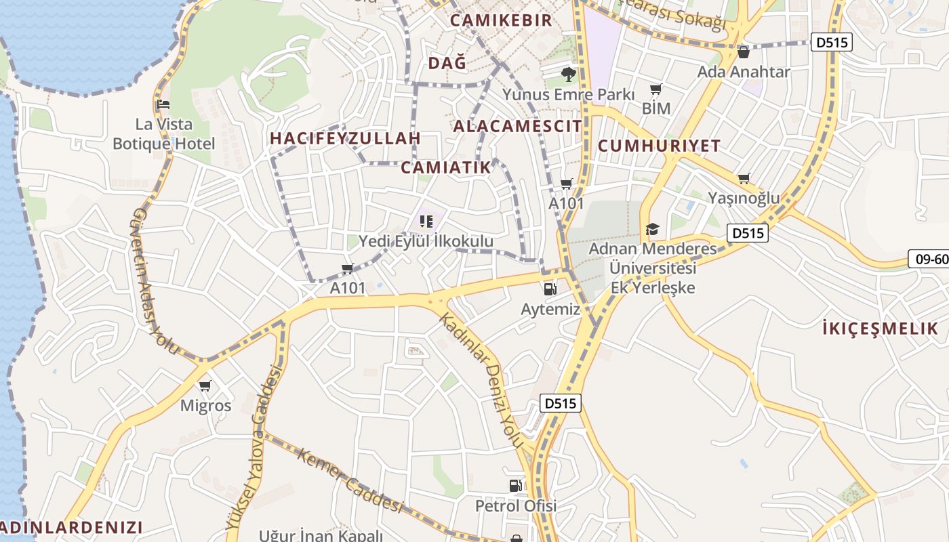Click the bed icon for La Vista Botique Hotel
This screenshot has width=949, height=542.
163,104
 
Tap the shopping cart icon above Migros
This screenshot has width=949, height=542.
205,385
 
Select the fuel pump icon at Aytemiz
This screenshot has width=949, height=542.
550,289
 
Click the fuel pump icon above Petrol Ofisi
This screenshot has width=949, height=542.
516,485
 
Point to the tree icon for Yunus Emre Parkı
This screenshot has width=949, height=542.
568,74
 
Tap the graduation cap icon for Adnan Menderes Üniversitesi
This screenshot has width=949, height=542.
652,229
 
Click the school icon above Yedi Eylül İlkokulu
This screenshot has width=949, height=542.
426,221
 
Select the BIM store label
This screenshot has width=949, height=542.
655,108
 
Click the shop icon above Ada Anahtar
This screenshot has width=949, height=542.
744,51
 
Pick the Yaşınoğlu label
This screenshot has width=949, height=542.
744,198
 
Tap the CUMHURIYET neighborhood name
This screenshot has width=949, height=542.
659,146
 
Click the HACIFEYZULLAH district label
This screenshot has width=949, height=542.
345,138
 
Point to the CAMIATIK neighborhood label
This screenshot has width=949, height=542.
445,168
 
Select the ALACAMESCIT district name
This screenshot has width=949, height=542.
517,126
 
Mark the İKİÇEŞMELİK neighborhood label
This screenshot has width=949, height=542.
879,329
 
